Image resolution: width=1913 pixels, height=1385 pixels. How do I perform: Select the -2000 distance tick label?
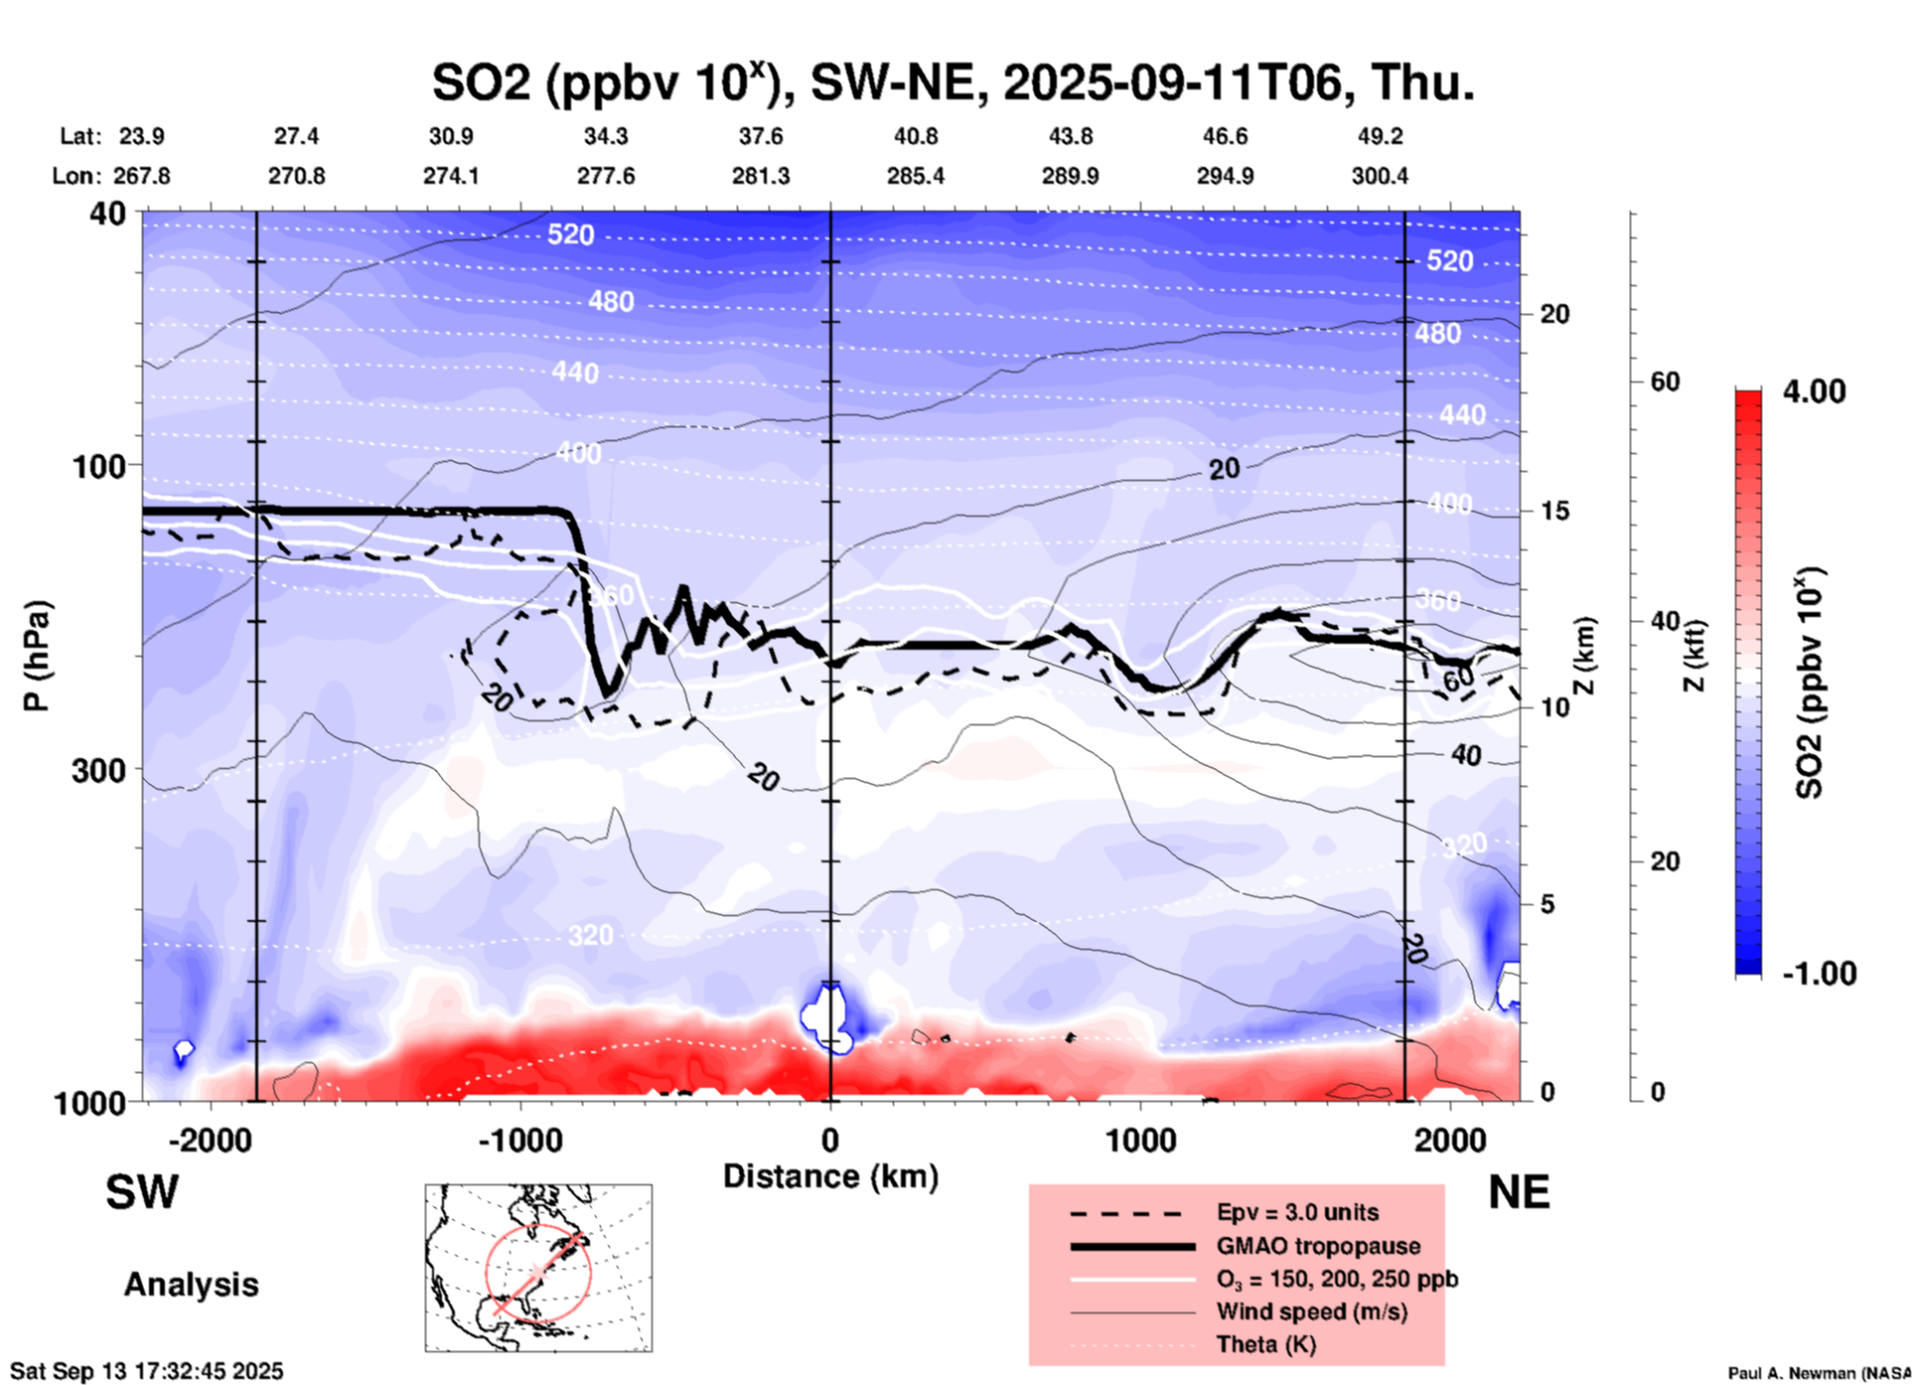coord(210,1140)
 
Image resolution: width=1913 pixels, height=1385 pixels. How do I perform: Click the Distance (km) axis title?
coord(830,1176)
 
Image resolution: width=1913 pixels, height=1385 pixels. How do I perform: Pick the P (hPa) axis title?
coord(37,656)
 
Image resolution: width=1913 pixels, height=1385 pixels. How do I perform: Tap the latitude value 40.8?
coord(915,136)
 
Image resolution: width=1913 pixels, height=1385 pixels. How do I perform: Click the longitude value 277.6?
coord(605,176)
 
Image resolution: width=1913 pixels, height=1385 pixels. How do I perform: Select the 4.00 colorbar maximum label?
coord(1814,391)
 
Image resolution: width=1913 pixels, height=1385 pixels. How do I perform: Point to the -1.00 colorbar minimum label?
coord(1819,974)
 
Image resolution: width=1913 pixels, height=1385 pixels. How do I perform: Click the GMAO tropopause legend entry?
coord(1318,1246)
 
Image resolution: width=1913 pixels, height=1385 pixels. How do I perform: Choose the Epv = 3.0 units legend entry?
coord(1297,1212)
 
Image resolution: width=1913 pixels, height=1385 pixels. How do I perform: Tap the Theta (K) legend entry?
coord(1265,1344)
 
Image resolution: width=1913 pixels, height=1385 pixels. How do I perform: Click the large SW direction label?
coord(142,1192)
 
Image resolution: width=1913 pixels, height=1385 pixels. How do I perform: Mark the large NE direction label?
coord(1519,1192)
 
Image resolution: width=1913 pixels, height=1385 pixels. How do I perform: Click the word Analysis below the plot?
coord(191,1285)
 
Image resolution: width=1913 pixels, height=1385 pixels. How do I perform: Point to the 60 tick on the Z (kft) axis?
coord(1665,382)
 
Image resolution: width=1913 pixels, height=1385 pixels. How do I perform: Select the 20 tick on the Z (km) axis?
coord(1554,315)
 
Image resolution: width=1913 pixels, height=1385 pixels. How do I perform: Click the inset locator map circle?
coord(538,1272)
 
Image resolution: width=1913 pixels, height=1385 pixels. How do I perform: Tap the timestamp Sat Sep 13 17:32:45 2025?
coord(147,1371)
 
